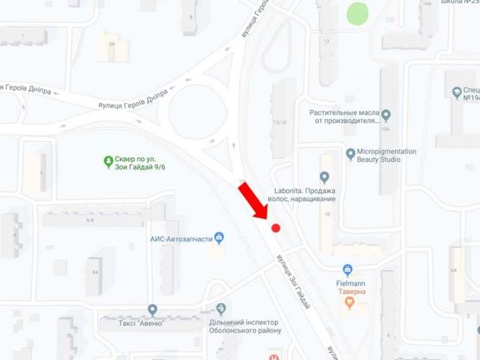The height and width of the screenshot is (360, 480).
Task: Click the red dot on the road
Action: point(276,228)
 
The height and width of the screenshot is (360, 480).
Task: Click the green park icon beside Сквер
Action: point(109,159)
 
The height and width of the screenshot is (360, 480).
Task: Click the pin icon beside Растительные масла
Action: point(387,115)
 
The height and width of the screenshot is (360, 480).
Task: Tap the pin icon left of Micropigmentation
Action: point(350,155)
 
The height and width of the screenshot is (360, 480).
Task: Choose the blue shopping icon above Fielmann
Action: point(348,269)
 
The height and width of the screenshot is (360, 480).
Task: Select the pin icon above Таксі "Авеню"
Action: point(153,309)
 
